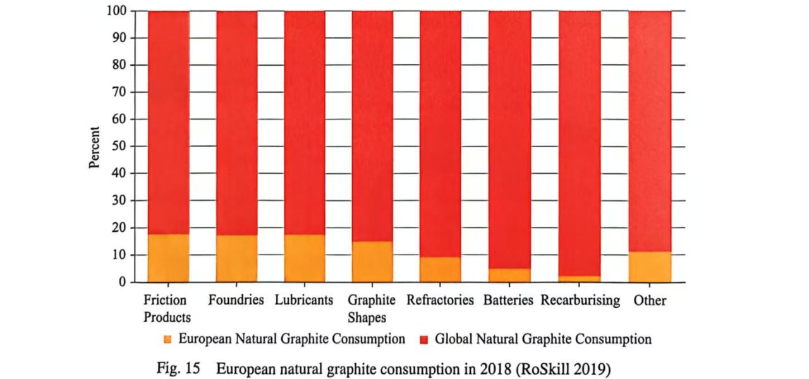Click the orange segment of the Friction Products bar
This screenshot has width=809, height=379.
click(x=169, y=258)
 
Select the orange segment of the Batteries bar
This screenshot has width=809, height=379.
click(x=509, y=275)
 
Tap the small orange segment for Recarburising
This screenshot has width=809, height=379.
click(x=579, y=279)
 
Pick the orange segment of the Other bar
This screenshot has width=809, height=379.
click(x=650, y=267)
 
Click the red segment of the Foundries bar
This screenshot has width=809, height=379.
click(x=237, y=123)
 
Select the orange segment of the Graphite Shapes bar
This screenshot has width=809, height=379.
click(x=372, y=262)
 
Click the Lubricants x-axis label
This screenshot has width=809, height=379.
click(x=304, y=301)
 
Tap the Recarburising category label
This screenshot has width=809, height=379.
click(x=580, y=301)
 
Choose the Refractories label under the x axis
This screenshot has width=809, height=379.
click(x=440, y=301)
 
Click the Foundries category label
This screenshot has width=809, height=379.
click(x=236, y=300)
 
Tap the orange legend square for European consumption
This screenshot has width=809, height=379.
click(x=167, y=340)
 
